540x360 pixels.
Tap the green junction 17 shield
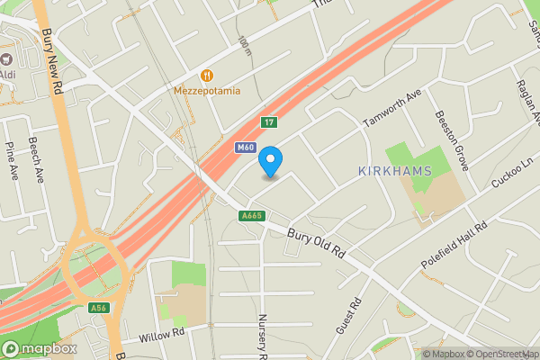click(268, 122)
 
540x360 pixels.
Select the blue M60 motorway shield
click(245, 148)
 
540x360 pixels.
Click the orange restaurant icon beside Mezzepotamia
click(208, 75)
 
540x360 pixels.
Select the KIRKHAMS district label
click(395, 171)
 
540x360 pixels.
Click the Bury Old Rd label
click(317, 244)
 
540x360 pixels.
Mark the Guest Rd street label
click(348, 316)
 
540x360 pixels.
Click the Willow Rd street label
click(161, 337)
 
